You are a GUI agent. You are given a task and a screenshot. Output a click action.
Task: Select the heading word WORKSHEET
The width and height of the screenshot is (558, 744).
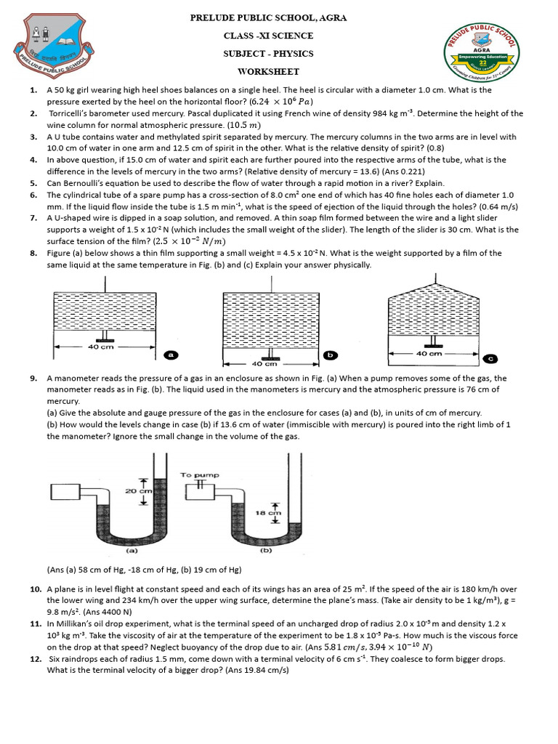click(268, 72)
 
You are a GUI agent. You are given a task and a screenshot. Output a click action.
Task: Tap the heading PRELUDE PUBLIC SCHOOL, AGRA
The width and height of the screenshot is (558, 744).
click(268, 17)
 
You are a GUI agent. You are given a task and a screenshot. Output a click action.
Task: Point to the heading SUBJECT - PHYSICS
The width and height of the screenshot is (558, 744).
click(268, 54)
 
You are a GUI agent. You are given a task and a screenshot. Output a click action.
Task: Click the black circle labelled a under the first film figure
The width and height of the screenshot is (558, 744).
click(171, 355)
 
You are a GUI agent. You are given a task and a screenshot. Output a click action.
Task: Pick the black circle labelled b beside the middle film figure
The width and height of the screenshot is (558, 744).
click(330, 355)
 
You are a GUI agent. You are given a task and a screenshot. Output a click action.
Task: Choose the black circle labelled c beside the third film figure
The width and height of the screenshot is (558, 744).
click(490, 358)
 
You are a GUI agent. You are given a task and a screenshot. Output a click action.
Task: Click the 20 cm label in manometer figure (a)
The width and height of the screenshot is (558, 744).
click(136, 491)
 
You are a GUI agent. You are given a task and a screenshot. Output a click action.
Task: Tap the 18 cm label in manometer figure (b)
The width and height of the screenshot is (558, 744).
click(274, 512)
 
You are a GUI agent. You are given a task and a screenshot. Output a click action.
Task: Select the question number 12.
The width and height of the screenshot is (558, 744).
click(34, 659)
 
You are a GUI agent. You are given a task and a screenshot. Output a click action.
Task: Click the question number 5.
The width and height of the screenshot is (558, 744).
click(34, 183)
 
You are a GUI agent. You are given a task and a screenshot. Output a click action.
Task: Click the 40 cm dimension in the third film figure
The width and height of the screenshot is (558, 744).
click(429, 354)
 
